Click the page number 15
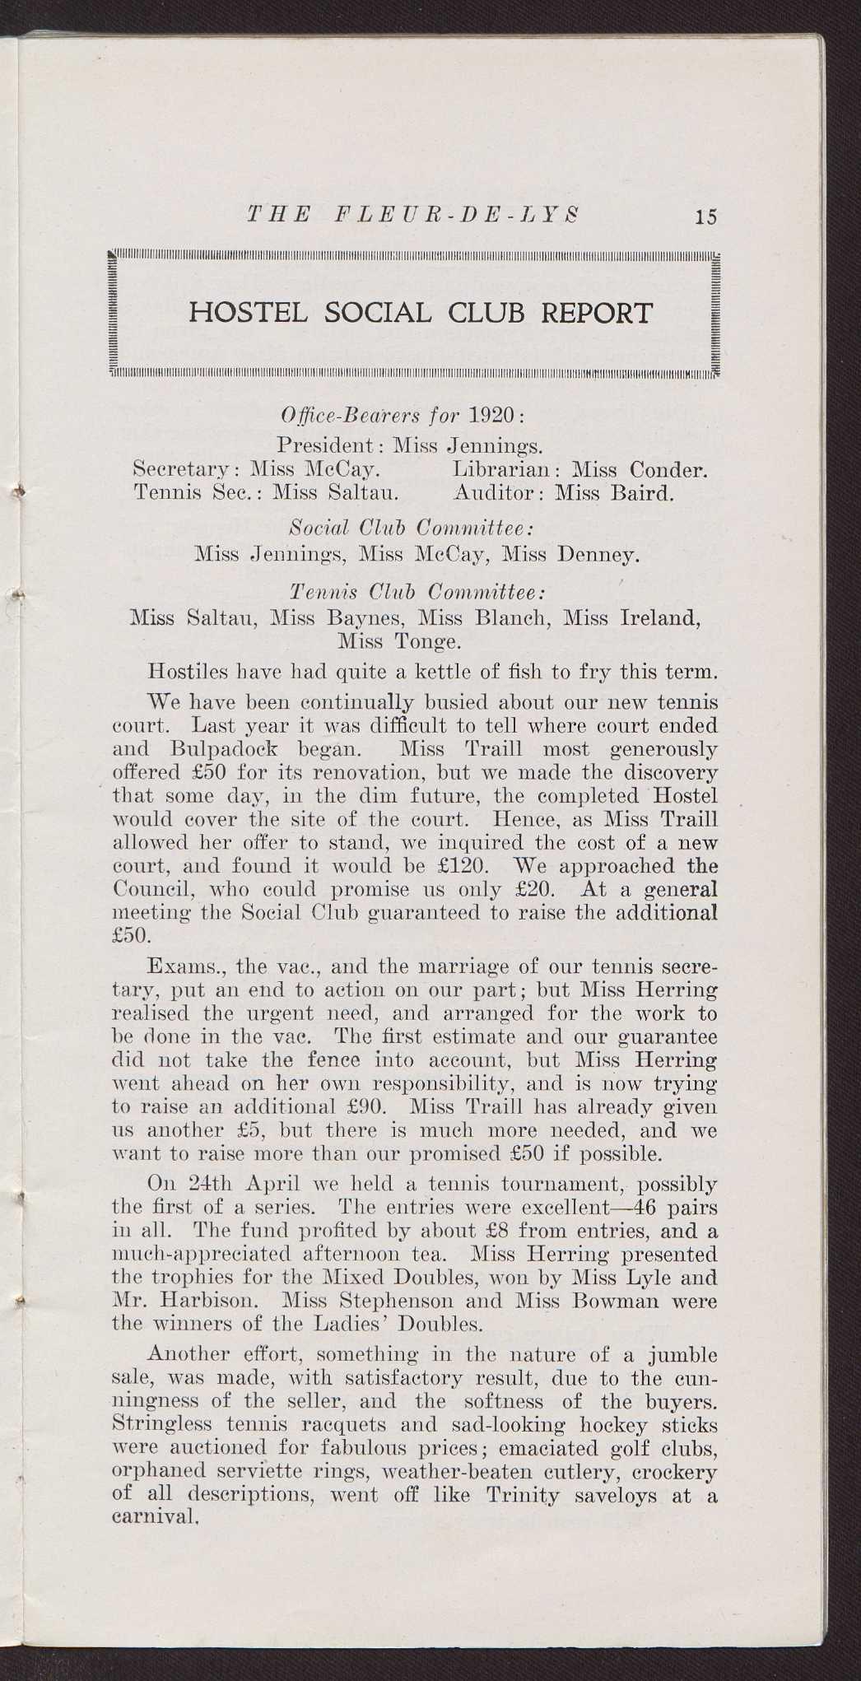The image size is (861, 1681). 705,217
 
